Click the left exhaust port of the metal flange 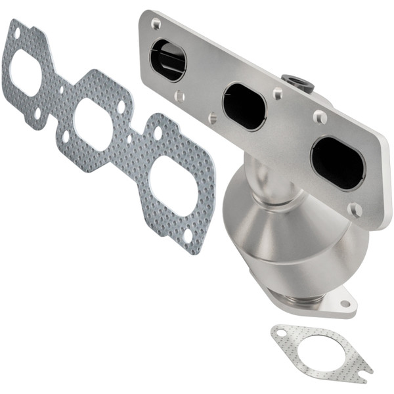pyautogui.click(x=168, y=60)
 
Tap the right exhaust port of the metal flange pyautogui.click(x=338, y=163)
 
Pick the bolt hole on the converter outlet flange pyautogui.click(x=344, y=304)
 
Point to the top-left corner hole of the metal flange pyautogui.click(x=156, y=25)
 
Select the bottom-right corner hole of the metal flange pyautogui.click(x=355, y=210)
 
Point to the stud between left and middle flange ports pyautogui.click(x=213, y=118)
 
